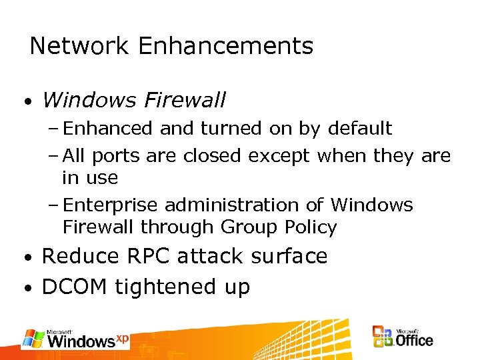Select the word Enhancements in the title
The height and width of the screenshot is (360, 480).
pyautogui.click(x=225, y=46)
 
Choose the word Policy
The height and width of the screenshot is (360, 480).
pyautogui.click(x=311, y=228)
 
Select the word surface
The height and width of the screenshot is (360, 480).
pyautogui.click(x=290, y=256)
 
